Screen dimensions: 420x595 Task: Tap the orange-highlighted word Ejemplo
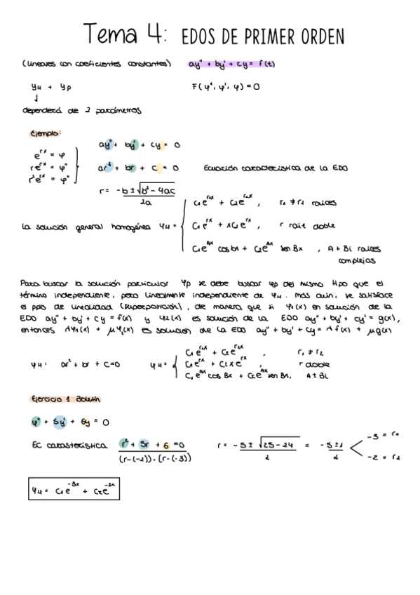coord(46,133)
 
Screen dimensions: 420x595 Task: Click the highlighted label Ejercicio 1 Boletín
coord(67,399)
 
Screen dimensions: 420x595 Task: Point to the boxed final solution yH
coord(73,490)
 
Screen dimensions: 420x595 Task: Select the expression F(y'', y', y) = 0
coord(225,87)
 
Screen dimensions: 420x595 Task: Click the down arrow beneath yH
coord(35,98)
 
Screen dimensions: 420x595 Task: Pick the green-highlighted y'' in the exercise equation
coord(36,422)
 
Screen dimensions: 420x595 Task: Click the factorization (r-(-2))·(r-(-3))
coord(155,458)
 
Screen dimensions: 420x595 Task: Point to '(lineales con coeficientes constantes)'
coord(97,65)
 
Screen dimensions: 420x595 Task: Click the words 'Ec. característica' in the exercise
coord(70,445)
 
